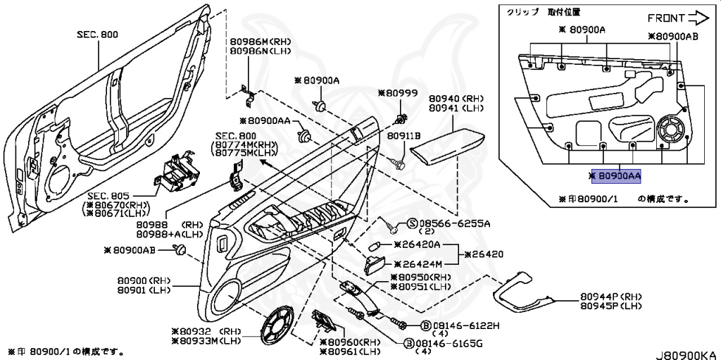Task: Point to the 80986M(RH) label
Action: pyautogui.click(x=251, y=42)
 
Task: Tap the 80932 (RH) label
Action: pyautogui.click(x=205, y=330)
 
